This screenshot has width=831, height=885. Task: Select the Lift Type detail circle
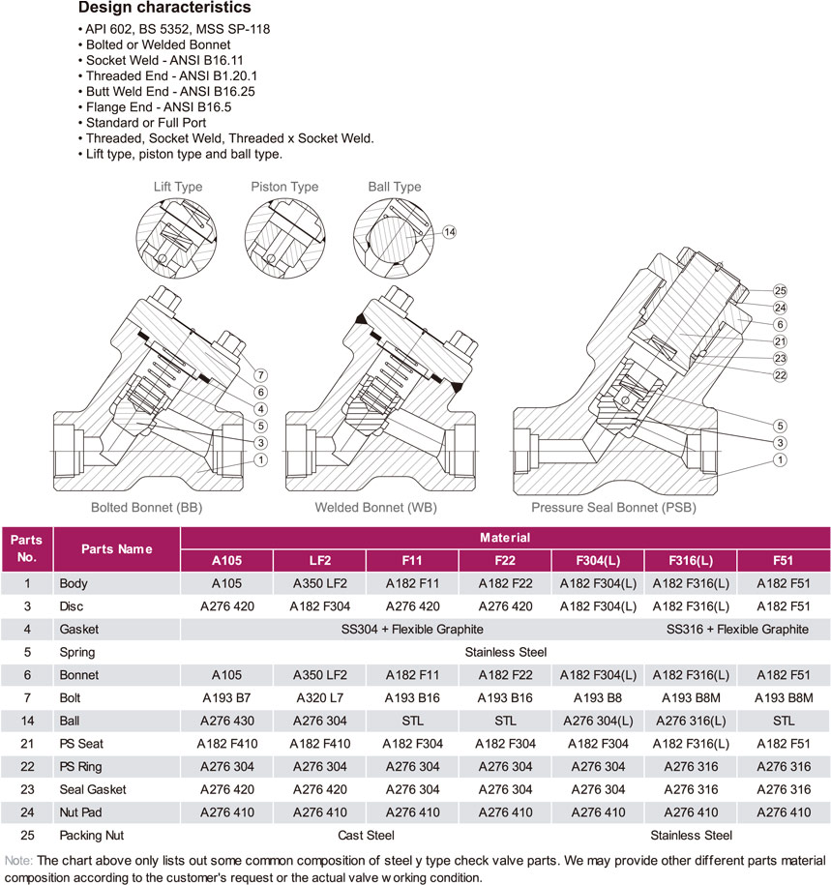point(178,236)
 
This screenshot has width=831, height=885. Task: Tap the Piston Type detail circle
point(284,236)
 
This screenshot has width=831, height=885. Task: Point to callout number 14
point(449,232)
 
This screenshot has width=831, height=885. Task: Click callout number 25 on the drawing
point(780,291)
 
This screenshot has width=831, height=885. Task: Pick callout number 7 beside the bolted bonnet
point(260,374)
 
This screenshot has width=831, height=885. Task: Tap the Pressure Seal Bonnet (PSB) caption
point(613,507)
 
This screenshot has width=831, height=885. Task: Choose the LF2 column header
point(319,561)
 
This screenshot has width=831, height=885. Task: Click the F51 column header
point(784,561)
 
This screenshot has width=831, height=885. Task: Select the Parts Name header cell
point(116,549)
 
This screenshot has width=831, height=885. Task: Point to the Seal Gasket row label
point(92,789)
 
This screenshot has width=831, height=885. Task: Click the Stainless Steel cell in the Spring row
point(504,652)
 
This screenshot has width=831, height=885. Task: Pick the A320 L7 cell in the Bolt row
point(319,697)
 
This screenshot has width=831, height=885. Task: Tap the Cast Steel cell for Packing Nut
point(366,835)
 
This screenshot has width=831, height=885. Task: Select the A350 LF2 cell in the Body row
point(319,584)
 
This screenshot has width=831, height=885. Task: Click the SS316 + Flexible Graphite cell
point(737,630)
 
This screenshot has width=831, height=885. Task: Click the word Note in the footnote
point(17,859)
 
